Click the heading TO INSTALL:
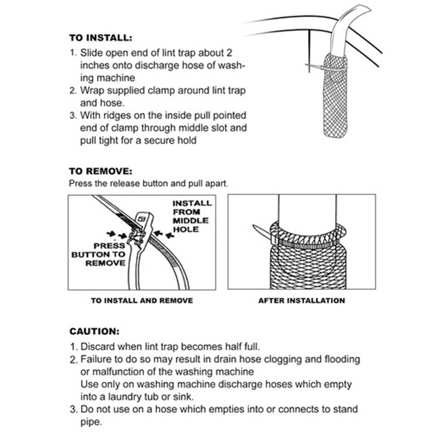pos(100,39)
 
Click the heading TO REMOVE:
pos(100,171)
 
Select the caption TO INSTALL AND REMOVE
pos(142,300)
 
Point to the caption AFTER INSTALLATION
pos(302,300)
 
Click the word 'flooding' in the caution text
pos(340,359)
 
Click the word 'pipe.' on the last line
pos(92,421)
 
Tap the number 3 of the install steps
pos(72,116)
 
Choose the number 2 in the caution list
pos(72,360)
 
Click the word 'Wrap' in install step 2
pos(92,91)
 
